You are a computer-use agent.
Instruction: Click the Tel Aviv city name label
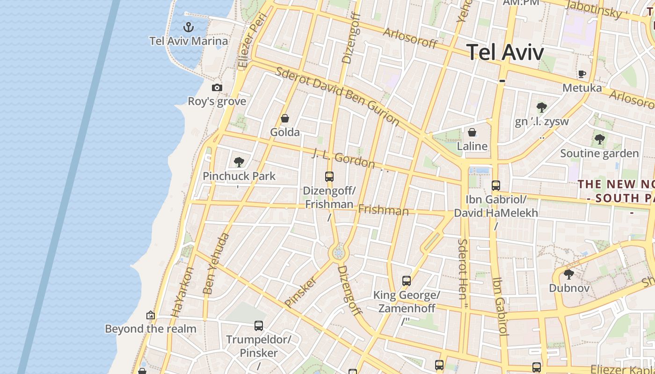[505, 52]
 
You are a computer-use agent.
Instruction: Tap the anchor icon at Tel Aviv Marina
[188, 27]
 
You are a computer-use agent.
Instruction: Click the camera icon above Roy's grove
[217, 87]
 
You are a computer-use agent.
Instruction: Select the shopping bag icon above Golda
[284, 119]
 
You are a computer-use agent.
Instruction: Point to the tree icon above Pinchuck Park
[239, 162]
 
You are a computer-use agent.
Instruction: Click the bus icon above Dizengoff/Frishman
[329, 177]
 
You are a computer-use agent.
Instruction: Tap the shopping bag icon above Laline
[472, 132]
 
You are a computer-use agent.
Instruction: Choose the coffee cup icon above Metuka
[582, 74]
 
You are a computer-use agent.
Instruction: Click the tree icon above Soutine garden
[599, 139]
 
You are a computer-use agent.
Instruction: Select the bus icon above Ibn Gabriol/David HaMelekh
[496, 186]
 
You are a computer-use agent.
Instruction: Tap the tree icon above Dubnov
[569, 274]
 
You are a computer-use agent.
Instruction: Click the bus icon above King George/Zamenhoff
[407, 281]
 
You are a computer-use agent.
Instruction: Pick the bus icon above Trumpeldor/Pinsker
[259, 325]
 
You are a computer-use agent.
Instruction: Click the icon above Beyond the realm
[151, 315]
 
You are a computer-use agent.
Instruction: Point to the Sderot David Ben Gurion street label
[337, 96]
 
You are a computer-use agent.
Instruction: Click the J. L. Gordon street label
[344, 158]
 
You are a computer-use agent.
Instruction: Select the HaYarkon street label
[182, 292]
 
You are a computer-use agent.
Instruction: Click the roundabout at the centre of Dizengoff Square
[338, 253]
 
